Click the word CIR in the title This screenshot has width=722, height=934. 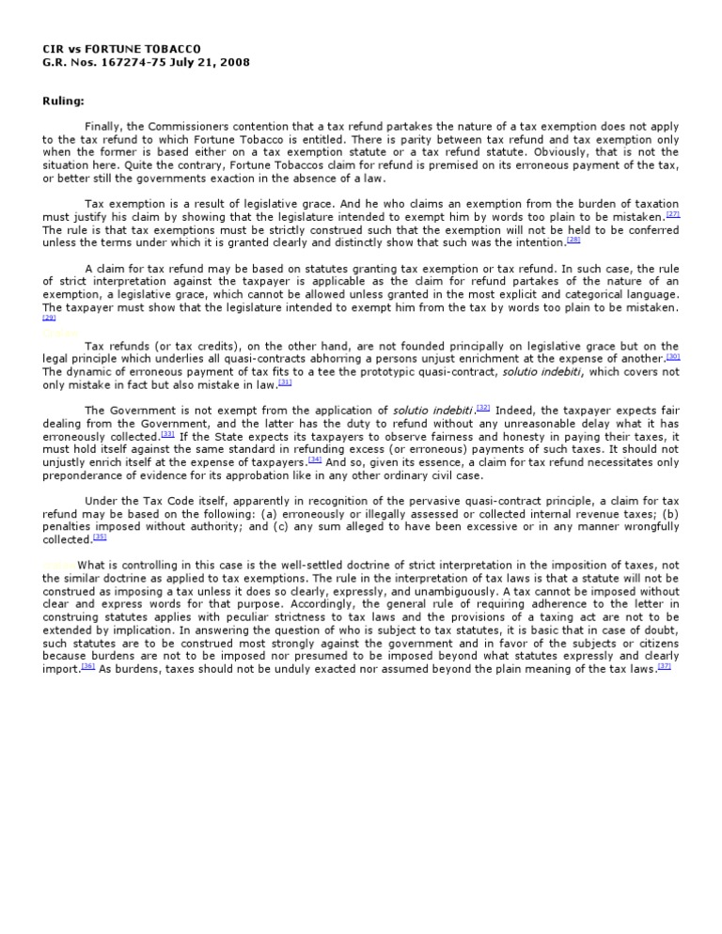tap(53, 48)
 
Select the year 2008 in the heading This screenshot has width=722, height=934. tap(234, 62)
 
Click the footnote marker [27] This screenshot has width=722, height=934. tap(672, 215)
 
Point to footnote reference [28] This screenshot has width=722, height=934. tap(573, 240)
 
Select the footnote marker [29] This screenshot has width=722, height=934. tap(49, 319)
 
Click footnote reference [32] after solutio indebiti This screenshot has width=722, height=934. tap(483, 407)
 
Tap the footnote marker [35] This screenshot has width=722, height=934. tap(100, 537)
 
